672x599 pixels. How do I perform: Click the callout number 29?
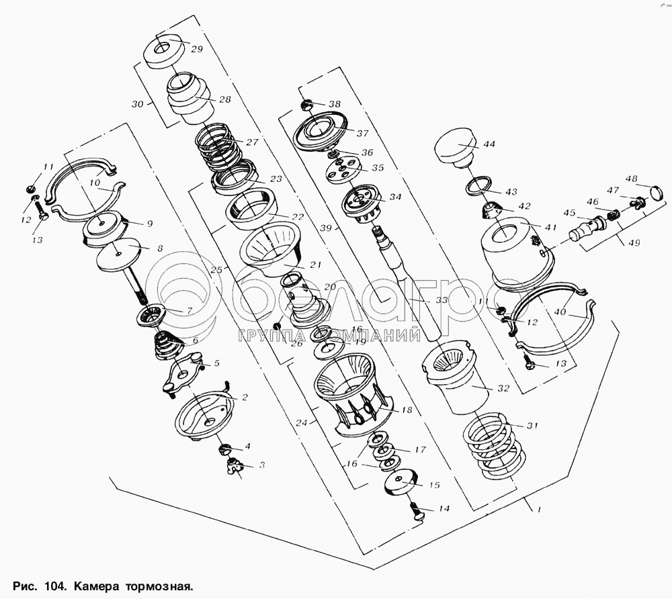click(x=197, y=49)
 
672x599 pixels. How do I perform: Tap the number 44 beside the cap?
click(x=489, y=144)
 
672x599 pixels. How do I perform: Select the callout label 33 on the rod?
click(x=442, y=300)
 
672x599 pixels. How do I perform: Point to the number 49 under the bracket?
click(x=634, y=243)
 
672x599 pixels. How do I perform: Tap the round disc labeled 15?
click(x=401, y=483)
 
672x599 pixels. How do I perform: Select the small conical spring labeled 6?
click(x=168, y=345)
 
